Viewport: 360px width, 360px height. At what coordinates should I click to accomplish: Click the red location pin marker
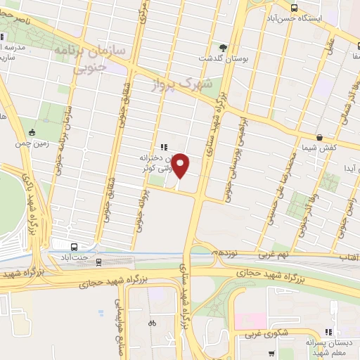pyautogui.click(x=181, y=165)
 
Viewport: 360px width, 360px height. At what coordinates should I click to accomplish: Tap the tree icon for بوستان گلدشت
pyautogui.click(x=224, y=47)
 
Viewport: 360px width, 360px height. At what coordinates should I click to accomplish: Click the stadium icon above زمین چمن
pyautogui.click(x=32, y=132)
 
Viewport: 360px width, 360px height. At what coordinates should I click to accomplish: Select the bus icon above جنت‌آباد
pyautogui.click(x=75, y=246)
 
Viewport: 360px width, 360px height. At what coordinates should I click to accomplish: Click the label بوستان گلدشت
pyautogui.click(x=224, y=58)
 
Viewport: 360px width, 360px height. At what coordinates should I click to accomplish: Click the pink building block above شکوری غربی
pyautogui.click(x=250, y=321)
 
